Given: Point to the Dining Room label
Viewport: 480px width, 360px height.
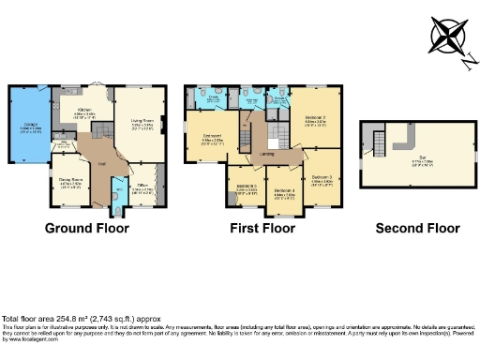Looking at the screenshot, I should [70, 180].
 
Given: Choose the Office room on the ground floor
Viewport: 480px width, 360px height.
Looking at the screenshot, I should [145, 187].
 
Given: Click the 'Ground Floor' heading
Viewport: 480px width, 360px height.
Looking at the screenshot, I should [87, 228].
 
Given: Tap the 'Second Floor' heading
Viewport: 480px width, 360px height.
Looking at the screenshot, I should [417, 228].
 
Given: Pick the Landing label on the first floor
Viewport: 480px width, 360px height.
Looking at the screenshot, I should [266, 154].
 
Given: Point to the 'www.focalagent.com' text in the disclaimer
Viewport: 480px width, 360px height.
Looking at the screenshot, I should [27, 338].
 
